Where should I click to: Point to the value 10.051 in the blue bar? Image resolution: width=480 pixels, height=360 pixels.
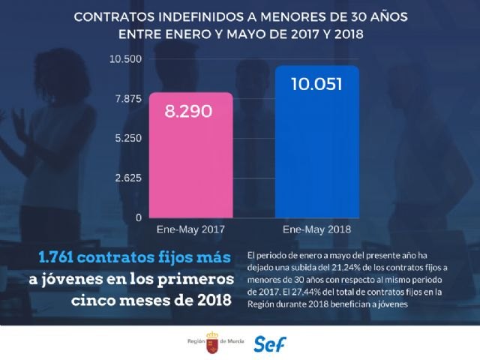[x=317, y=84]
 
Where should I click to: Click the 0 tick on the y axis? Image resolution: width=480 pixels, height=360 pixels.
[x=138, y=217]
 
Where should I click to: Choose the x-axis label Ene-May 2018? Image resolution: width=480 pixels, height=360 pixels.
[x=317, y=228]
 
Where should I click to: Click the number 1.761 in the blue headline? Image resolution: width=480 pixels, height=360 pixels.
[x=58, y=258]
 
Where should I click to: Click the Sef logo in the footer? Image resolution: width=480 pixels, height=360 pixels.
[x=271, y=344]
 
